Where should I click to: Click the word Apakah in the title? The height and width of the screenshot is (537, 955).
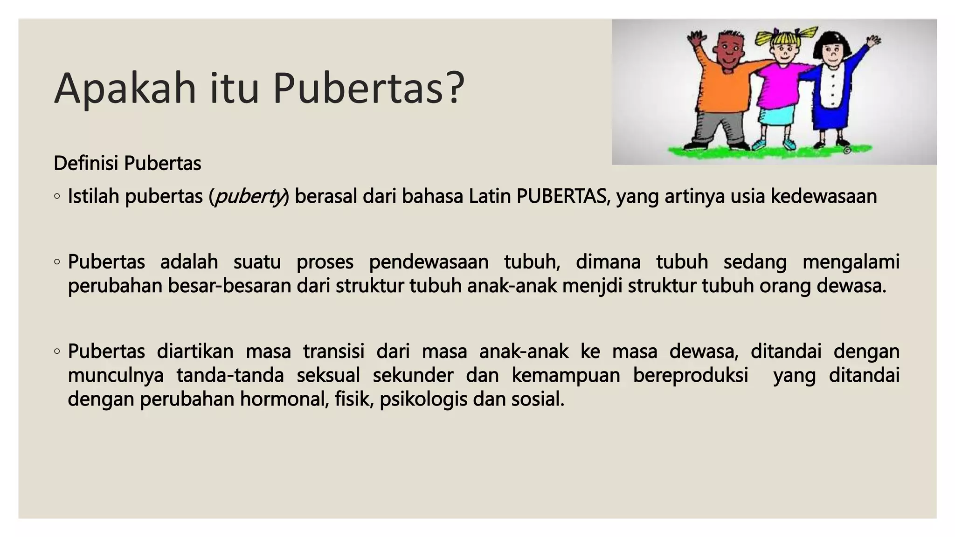[x=125, y=89]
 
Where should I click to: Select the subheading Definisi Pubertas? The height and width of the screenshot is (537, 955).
[x=127, y=164]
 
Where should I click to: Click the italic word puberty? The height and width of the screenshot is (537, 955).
[x=248, y=197]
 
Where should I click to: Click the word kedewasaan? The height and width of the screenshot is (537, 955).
[x=824, y=196]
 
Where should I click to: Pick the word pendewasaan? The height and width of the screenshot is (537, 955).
[x=429, y=262]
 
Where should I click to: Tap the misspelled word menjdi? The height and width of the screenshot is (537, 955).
[x=592, y=286]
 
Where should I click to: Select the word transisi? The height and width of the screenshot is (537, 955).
[x=333, y=351]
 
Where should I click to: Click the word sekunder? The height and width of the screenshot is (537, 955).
[x=413, y=375]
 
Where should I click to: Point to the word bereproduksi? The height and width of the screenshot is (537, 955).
[x=690, y=375]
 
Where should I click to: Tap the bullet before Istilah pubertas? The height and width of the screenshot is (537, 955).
[x=57, y=197]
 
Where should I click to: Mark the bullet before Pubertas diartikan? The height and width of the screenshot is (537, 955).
[x=57, y=351]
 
